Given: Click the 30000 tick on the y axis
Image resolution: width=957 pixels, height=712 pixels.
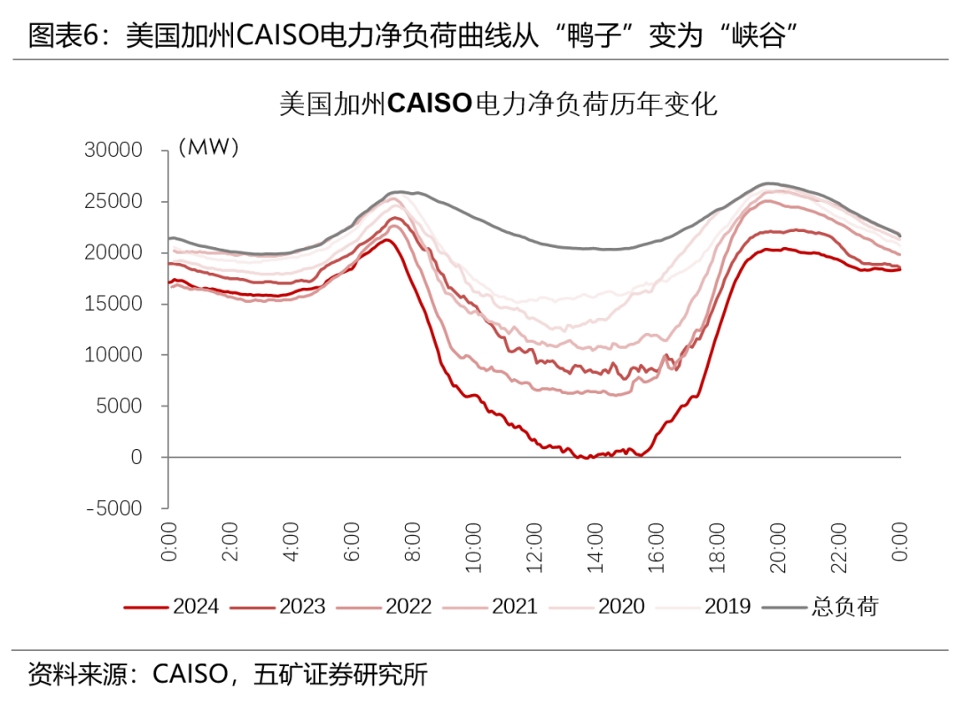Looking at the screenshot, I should [113, 151].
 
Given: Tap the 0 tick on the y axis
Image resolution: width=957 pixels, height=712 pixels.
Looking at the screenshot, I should [136, 458].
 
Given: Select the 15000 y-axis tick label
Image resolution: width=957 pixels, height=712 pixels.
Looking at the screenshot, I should [113, 304].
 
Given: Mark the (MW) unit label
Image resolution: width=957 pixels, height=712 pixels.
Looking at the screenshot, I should [209, 148].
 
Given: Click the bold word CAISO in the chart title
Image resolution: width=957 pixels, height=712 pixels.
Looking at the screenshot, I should [430, 105].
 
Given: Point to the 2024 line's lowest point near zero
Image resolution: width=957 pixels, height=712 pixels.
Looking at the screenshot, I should [584, 458].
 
